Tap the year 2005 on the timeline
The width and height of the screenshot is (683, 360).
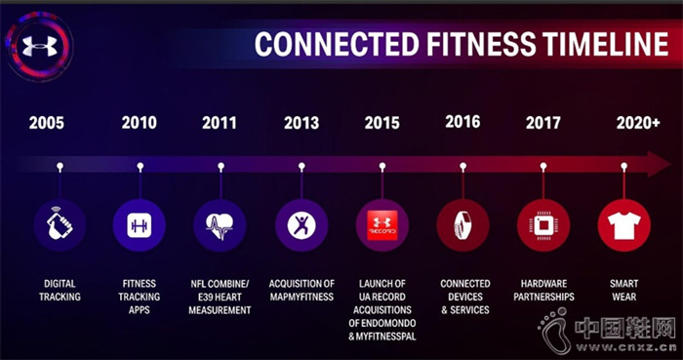click(48, 123)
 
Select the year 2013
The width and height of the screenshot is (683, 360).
click(301, 123)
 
